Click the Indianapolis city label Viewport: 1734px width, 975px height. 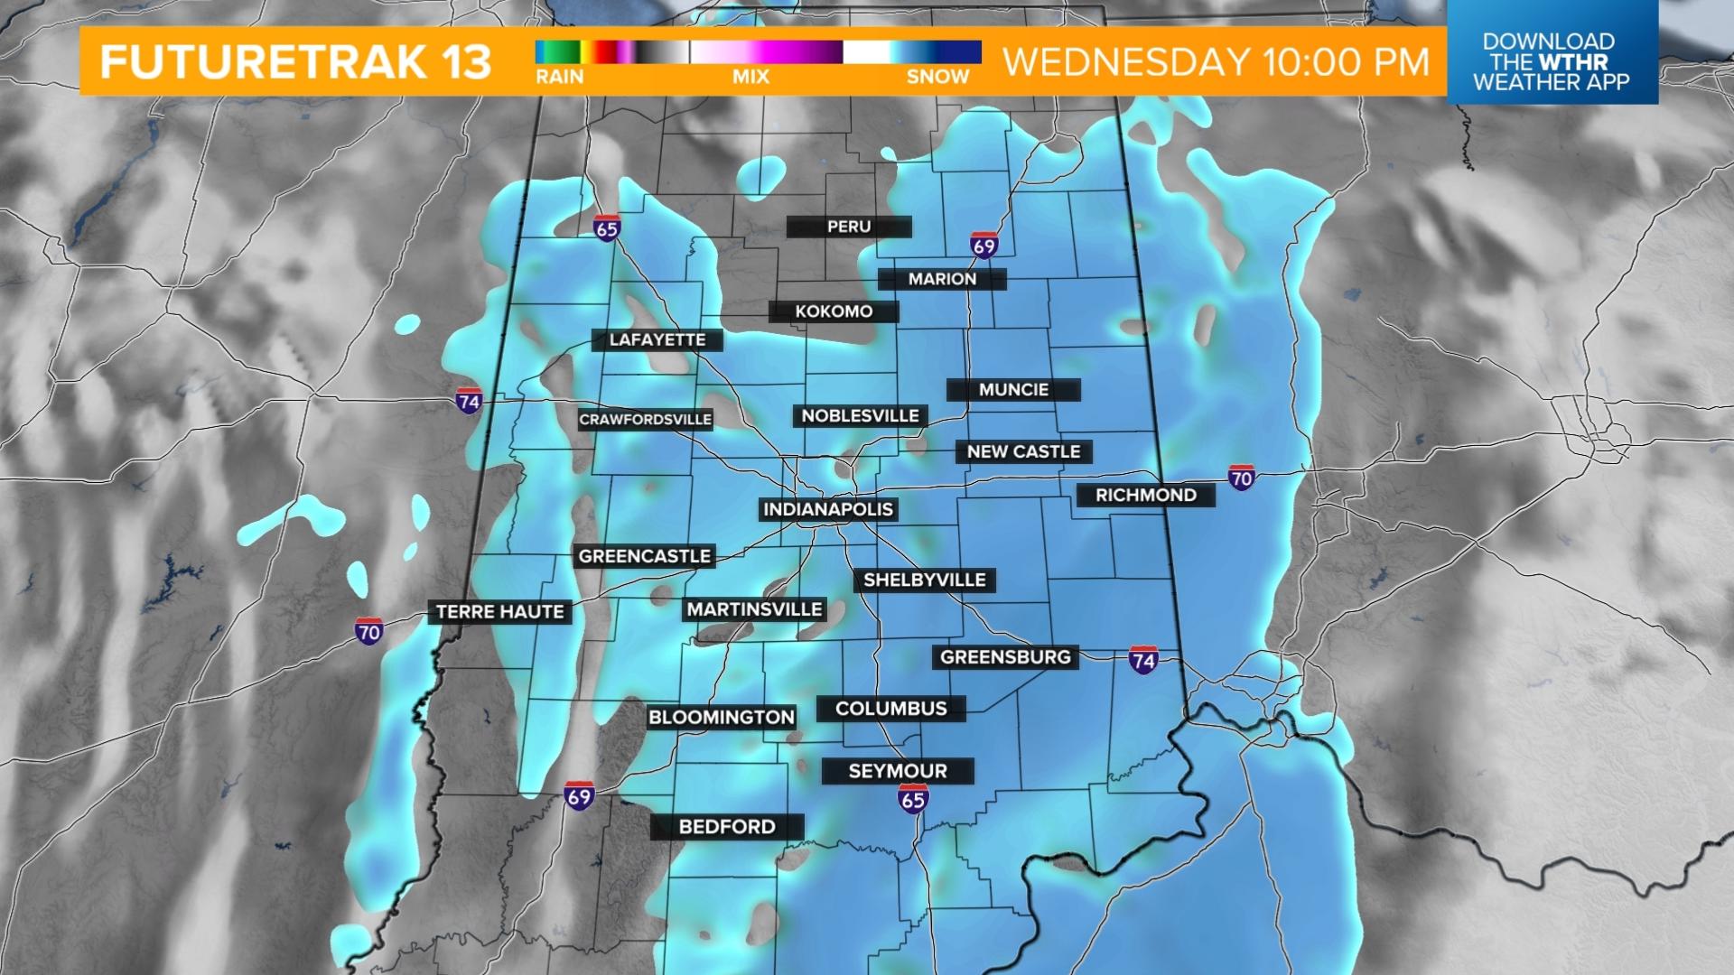coord(828,509)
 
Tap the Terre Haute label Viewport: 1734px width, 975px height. coord(499,612)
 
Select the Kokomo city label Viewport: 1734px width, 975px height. coord(834,311)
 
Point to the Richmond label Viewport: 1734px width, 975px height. coord(1145,495)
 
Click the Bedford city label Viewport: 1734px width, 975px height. coord(727,827)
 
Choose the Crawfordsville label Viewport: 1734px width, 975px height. coord(645,420)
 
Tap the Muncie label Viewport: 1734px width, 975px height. coord(1013,390)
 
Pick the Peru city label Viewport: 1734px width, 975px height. coord(849,227)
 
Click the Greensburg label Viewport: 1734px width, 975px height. coord(1005,657)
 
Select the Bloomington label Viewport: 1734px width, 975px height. coord(722,718)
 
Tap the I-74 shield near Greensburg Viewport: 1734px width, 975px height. coord(1143,660)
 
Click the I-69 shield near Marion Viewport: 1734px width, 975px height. coord(984,246)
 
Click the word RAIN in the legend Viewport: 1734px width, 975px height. coord(560,78)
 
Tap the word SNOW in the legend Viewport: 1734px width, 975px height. coord(937,78)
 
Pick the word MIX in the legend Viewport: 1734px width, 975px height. coord(750,78)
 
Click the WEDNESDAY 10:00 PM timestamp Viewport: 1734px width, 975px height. coord(1217,61)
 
